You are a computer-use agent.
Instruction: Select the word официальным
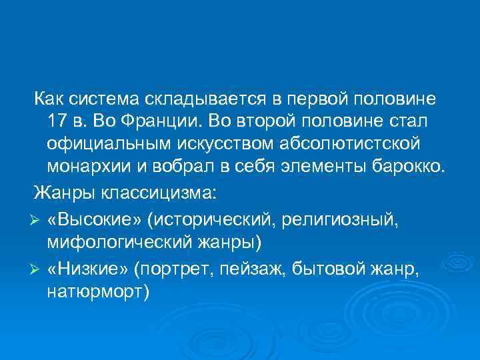point(107,144)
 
